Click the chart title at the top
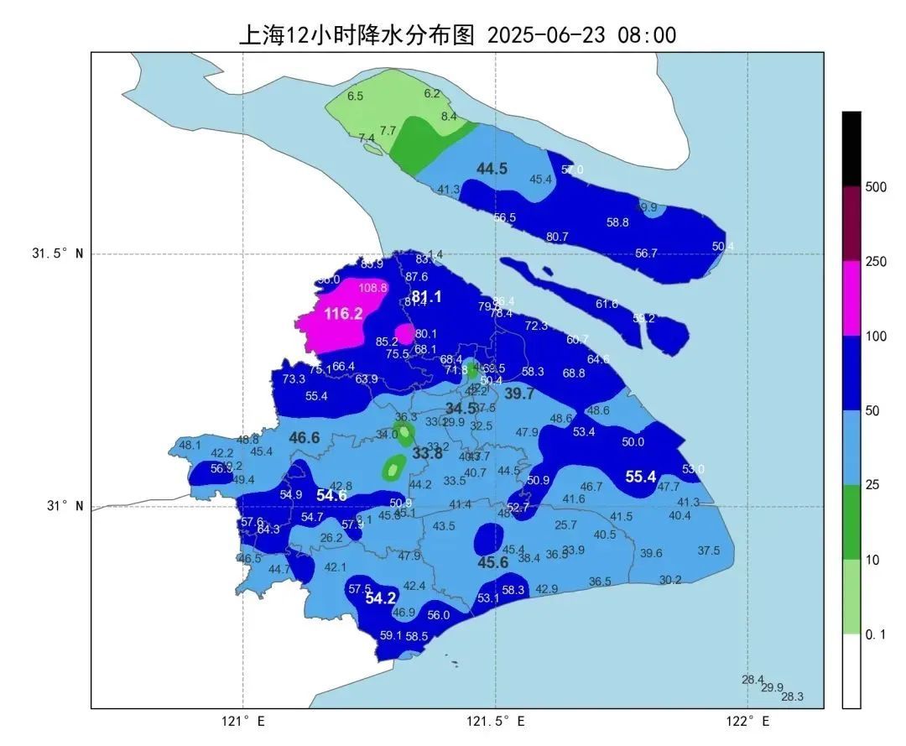point(457,34)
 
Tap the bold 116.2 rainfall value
point(343,314)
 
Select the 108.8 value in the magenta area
point(372,287)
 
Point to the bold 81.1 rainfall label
point(426,296)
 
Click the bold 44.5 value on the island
point(492,169)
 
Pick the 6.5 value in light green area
point(355,97)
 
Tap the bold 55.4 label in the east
point(640,477)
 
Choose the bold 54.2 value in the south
point(380,598)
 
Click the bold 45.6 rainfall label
point(492,563)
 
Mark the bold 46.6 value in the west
point(305,437)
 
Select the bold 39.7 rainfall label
point(519,394)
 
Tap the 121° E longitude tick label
point(243,721)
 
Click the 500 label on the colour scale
point(876,187)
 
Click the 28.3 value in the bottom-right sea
point(792,696)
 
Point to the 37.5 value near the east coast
point(709,550)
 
